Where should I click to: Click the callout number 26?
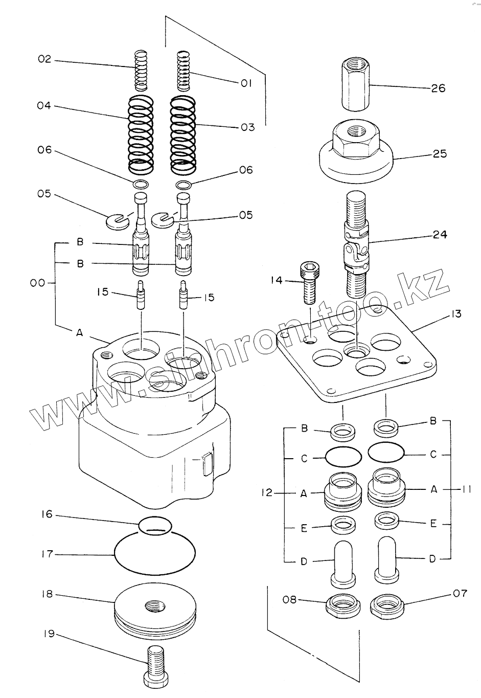438,88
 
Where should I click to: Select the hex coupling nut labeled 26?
355,85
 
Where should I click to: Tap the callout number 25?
440,153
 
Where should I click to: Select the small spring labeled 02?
141,70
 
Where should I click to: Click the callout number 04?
44,106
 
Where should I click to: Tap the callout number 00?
37,282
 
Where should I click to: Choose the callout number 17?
47,554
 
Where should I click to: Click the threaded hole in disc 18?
153,607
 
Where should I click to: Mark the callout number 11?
465,489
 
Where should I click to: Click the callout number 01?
246,83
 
